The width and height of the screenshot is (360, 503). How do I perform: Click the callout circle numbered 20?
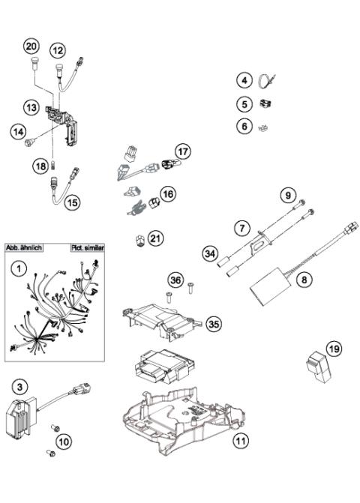click(31, 47)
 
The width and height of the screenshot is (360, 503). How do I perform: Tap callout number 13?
click(32, 108)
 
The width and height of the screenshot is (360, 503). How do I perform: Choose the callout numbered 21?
click(155, 238)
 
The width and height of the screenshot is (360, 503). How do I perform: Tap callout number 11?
click(239, 442)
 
